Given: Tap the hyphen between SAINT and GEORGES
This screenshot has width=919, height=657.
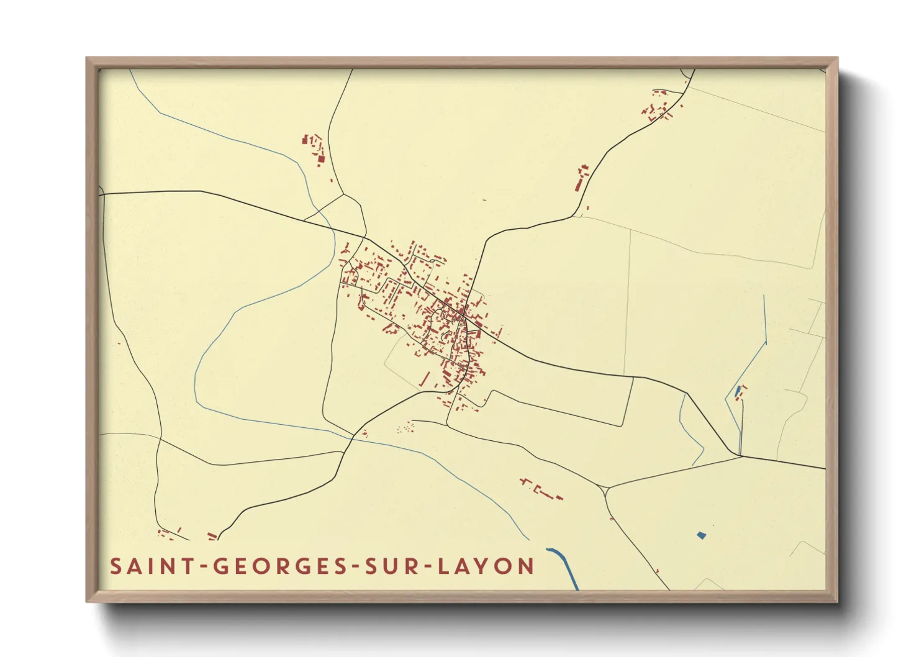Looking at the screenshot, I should (203, 567).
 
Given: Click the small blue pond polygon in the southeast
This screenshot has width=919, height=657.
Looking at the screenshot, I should (702, 535).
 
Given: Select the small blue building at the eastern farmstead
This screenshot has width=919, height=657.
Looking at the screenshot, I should (738, 391).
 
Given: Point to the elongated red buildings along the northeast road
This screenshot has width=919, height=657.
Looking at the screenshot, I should (581, 178).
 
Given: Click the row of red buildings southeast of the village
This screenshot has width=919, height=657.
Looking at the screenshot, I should (541, 489).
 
